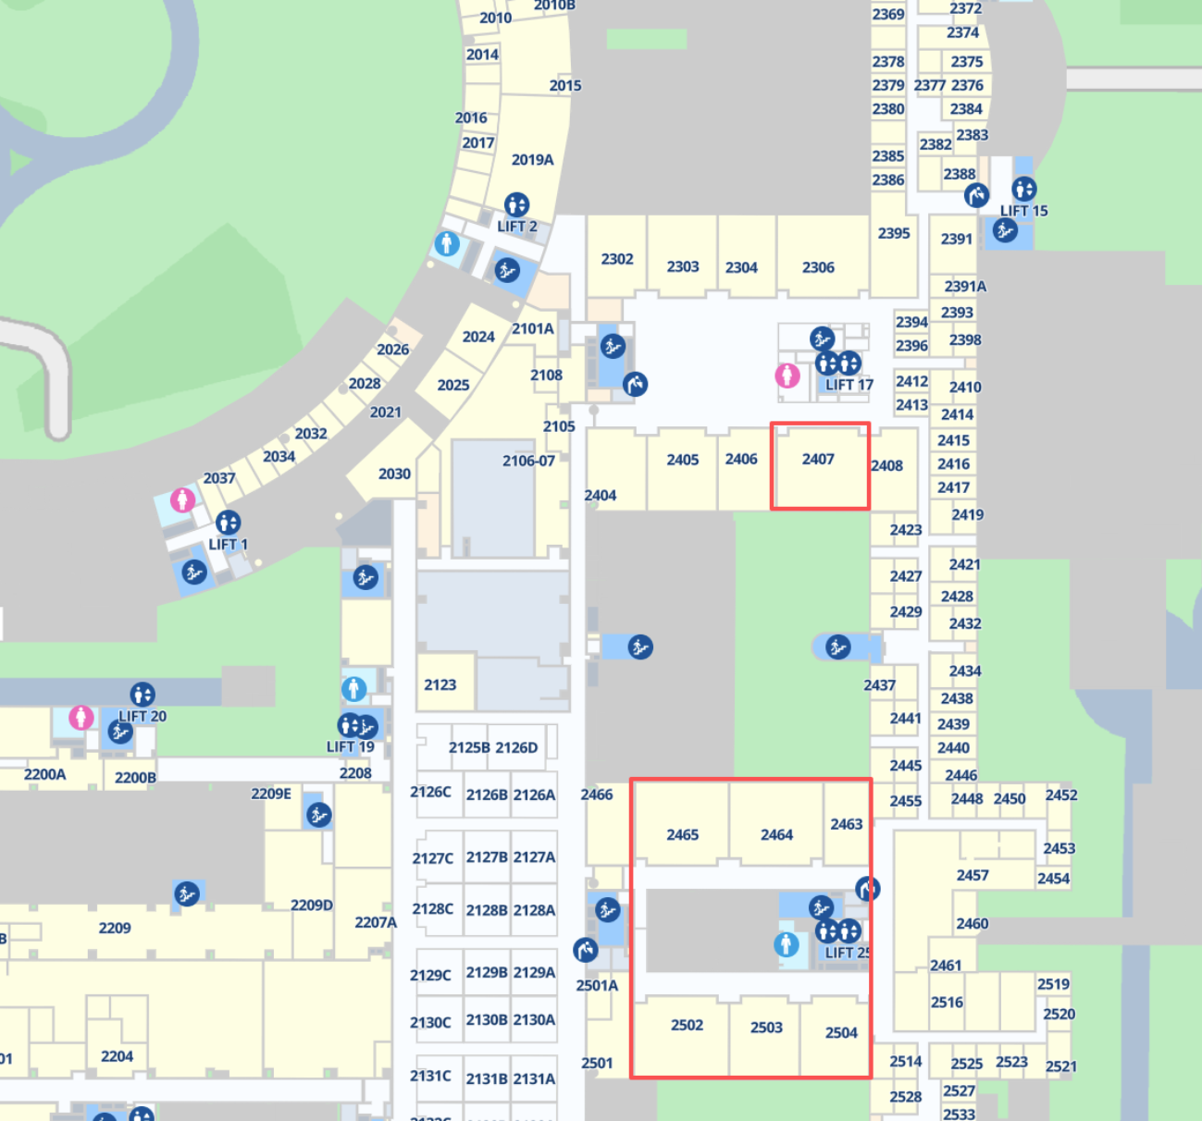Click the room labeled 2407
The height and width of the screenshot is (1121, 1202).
(x=818, y=460)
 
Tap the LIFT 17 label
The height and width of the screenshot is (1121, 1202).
(x=849, y=385)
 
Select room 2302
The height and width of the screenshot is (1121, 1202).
(x=617, y=259)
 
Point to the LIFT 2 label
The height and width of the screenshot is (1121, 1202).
(x=516, y=227)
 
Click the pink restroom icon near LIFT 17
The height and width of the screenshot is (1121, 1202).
(x=787, y=376)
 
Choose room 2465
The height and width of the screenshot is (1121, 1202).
(x=683, y=834)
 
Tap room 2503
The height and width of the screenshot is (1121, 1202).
(x=766, y=1028)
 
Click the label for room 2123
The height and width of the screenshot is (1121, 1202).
(x=440, y=684)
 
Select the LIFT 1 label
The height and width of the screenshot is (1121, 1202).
(x=228, y=545)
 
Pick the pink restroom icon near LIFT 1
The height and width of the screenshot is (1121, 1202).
(x=182, y=500)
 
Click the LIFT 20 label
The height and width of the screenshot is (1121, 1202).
(x=143, y=716)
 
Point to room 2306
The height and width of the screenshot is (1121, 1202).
(x=818, y=267)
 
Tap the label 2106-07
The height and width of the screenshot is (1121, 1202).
(x=528, y=461)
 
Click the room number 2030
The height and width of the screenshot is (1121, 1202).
(x=394, y=474)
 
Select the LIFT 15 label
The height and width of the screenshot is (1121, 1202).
(x=1023, y=211)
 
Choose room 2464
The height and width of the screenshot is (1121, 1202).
(x=776, y=834)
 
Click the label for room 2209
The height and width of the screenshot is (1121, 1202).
(x=115, y=928)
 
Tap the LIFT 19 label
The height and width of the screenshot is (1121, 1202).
(x=350, y=746)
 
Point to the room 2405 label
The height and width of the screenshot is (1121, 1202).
(x=683, y=460)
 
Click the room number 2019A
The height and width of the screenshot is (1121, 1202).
(x=532, y=160)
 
